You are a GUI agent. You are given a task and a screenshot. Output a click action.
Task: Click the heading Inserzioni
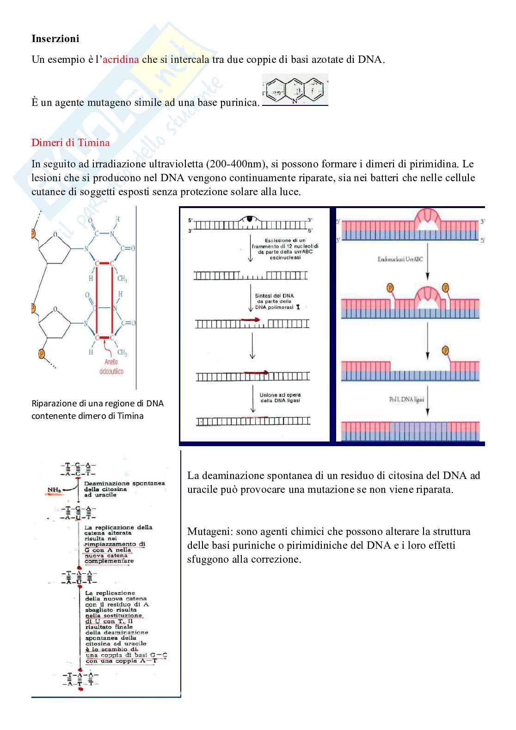coord(55,38)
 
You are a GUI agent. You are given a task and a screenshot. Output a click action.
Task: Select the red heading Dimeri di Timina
coord(70,142)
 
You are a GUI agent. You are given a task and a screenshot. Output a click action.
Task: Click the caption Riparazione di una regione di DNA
coord(98,403)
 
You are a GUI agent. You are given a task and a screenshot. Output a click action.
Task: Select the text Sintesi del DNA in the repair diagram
coord(275,296)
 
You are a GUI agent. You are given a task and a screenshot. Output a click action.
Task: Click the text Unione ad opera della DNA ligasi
coord(280,398)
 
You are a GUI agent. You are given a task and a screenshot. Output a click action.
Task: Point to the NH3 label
coord(55,490)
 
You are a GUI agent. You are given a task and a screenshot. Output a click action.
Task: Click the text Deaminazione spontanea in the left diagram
coord(124,483)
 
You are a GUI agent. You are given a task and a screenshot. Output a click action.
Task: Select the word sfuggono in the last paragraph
coord(207,559)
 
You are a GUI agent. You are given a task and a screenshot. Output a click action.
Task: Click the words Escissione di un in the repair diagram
coord(285,240)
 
